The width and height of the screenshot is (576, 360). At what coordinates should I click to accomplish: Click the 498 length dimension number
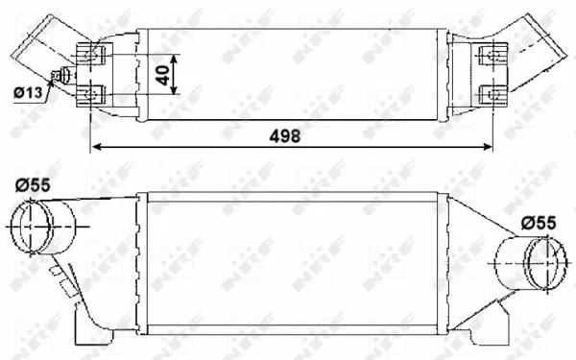pos(284,135)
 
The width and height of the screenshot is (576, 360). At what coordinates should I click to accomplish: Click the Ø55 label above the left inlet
pos(33,186)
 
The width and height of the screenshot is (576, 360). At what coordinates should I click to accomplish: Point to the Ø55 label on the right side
pos(539,223)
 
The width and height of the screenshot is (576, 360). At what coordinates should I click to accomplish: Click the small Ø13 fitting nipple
pos(63,77)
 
